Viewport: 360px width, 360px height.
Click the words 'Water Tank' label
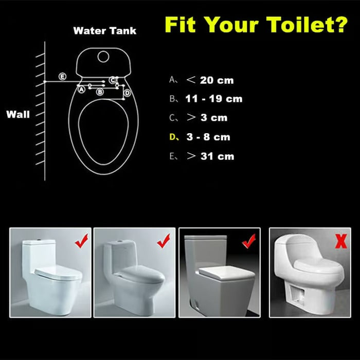click(105, 31)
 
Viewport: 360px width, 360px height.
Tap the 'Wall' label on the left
click(18, 114)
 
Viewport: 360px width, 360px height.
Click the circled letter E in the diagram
click(62, 77)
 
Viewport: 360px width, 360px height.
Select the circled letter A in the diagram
click(81, 89)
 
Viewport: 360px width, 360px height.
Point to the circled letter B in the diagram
click(100, 92)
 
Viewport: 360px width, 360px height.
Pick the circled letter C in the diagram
click(113, 80)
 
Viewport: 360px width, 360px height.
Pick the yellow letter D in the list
click(173, 137)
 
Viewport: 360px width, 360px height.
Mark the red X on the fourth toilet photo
click(340, 240)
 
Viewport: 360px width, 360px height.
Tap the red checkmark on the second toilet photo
click(164, 240)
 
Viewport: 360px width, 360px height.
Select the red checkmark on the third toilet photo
click(249, 240)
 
